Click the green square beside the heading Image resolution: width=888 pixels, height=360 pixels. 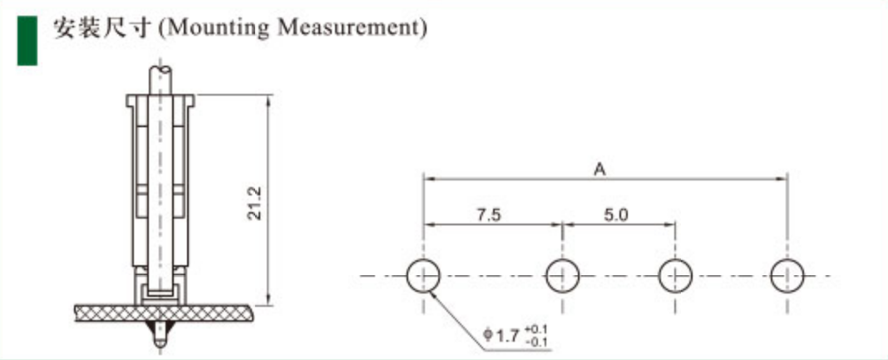[27, 41]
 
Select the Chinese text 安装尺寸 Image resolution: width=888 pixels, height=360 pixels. [102, 27]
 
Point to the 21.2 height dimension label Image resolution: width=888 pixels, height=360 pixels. [255, 203]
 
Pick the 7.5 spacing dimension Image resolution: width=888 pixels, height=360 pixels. [488, 215]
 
